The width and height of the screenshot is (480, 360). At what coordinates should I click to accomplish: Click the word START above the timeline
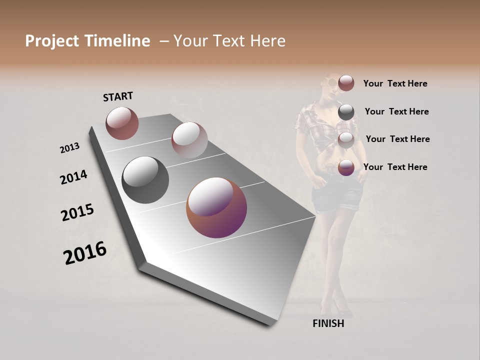118,96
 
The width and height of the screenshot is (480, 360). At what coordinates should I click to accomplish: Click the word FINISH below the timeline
328,323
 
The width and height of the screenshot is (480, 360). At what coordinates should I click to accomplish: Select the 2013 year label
70,147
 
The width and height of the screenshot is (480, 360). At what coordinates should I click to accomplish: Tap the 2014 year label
73,177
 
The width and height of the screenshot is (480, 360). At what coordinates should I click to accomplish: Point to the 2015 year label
77,212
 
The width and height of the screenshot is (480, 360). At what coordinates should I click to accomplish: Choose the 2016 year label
85,253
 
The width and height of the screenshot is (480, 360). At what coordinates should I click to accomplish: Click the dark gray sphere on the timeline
145,180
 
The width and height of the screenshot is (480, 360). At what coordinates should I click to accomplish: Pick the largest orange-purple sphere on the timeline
216,207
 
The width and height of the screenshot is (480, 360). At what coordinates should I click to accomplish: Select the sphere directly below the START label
122,123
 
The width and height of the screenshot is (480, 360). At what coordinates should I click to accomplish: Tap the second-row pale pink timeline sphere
189,139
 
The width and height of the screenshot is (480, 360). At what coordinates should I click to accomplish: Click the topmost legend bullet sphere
346,83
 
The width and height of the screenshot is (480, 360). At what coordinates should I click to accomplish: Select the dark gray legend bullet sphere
346,112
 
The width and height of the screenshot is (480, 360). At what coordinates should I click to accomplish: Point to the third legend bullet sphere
346,140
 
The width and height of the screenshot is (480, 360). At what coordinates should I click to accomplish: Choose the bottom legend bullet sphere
346,167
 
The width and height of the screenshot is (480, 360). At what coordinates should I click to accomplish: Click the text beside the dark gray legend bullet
396,111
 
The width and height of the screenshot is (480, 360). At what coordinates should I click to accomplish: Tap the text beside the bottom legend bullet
395,167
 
